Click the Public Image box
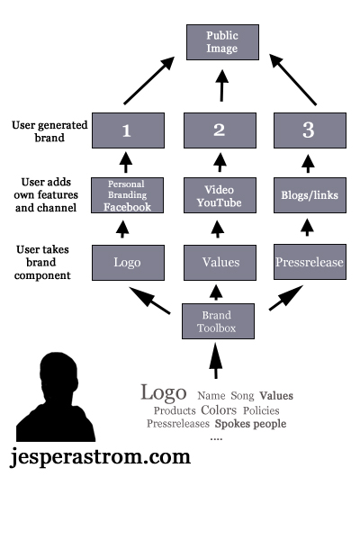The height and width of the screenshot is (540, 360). coord(222,42)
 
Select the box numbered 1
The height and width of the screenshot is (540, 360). coord(128,130)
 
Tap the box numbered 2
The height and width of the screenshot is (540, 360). coord(220,130)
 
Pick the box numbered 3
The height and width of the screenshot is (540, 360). coord(310,130)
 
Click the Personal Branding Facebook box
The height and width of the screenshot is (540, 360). coord(128,195)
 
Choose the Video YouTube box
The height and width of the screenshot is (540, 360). coord(220,195)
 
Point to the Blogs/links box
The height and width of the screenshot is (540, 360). coord(310,195)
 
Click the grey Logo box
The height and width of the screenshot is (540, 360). coord(128,263)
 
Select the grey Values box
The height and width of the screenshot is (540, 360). coord(220,263)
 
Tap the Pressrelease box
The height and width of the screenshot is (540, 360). coord(310,262)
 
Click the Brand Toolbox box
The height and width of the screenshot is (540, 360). coord(218,321)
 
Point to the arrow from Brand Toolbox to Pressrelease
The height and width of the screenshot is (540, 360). coord(286,298)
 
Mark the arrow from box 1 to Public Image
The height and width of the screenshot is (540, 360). coord(149,81)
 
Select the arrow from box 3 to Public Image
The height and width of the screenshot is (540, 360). coord(292,79)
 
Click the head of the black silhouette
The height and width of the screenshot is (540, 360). coord(58,373)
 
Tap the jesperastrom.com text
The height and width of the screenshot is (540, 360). coord(100,457)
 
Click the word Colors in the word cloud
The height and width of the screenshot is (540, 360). coord(219,410)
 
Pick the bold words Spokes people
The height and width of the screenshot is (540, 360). coord(250,424)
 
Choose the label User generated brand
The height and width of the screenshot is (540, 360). coord(49,131)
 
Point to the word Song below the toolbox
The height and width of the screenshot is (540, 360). coord(242,396)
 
